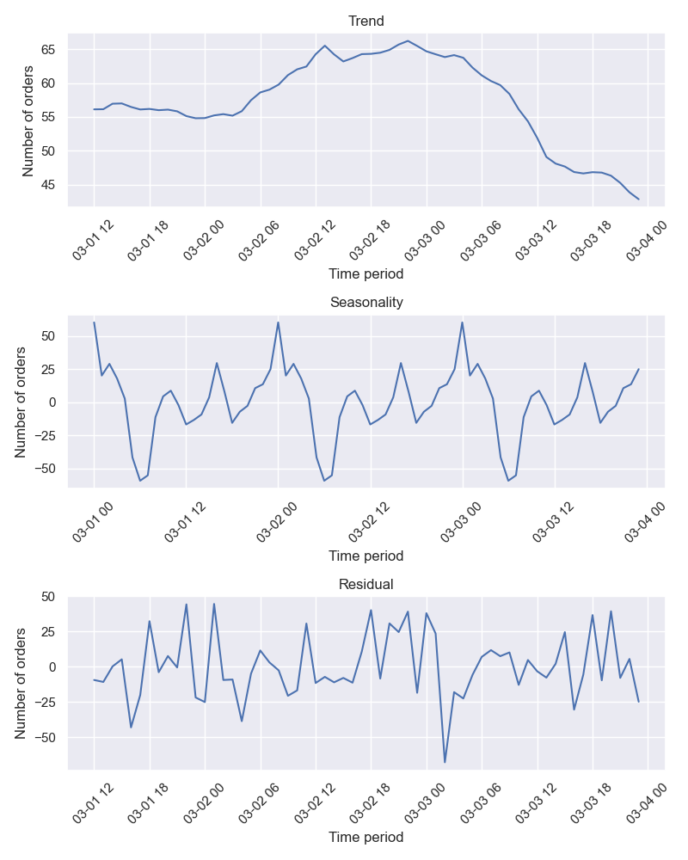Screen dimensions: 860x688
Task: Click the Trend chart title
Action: pos(365,21)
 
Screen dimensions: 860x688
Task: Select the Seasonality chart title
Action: pos(365,302)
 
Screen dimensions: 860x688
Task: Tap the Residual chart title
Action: pos(365,584)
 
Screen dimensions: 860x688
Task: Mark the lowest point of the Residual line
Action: pos(445,762)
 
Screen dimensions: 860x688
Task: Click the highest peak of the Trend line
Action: pos(408,40)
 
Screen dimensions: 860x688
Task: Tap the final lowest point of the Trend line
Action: pos(638,200)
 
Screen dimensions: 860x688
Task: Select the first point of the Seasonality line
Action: pos(94,322)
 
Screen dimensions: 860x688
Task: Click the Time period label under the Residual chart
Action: pos(365,837)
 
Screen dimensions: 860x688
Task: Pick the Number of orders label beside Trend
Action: pos(28,120)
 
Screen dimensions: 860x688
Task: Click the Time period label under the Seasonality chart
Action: pos(365,556)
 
